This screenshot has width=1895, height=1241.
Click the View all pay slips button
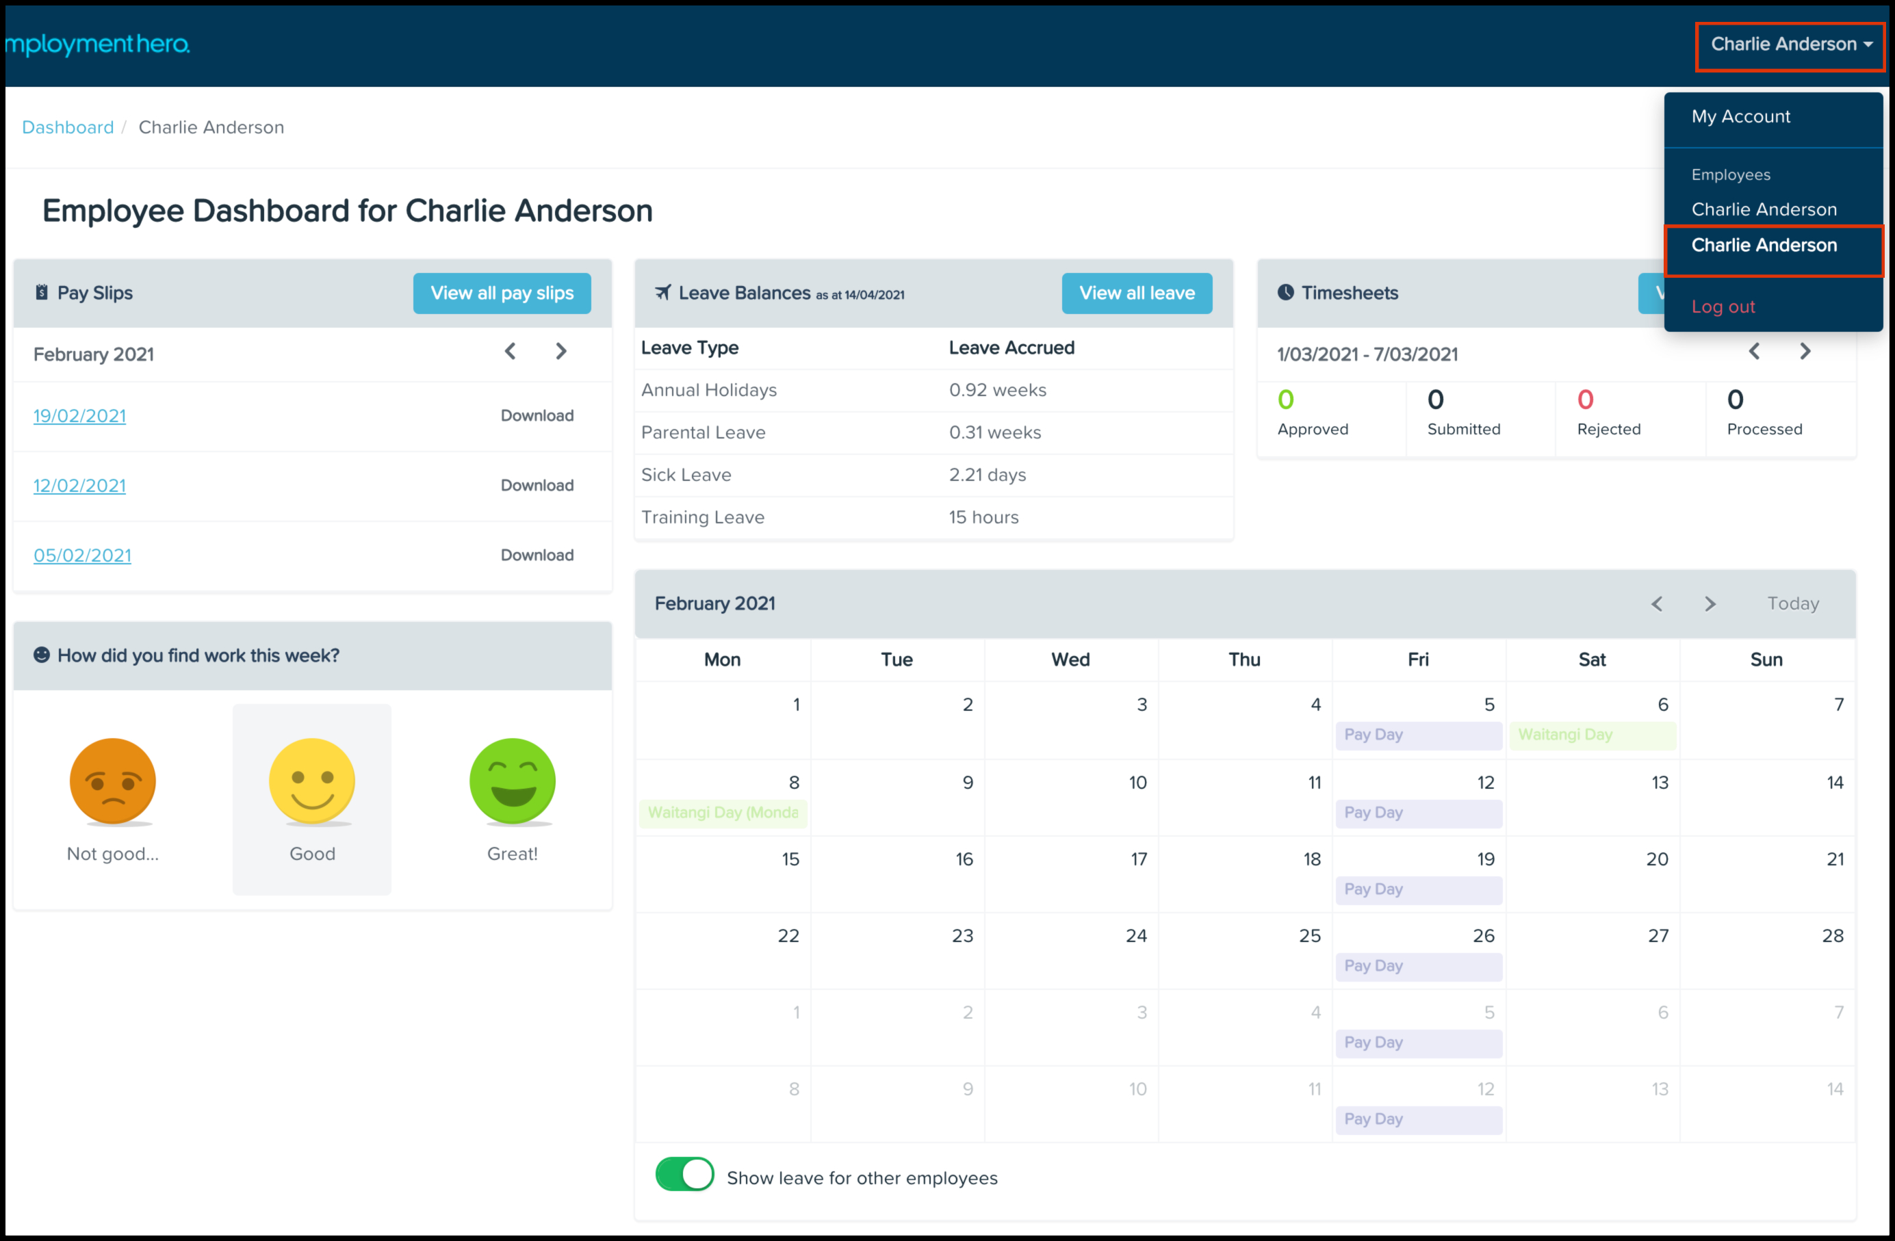tap(502, 293)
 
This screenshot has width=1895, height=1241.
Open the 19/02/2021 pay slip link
tap(79, 415)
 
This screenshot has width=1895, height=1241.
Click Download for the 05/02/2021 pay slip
tap(537, 555)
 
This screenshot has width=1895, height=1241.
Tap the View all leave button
tap(1136, 293)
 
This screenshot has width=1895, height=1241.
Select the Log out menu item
tap(1723, 306)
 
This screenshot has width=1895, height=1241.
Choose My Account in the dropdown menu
tap(1740, 116)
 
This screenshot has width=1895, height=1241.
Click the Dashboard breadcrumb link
tap(68, 127)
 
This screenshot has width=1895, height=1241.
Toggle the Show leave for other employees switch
tap(684, 1174)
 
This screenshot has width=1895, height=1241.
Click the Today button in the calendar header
tap(1793, 603)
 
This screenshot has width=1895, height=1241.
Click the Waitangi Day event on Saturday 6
tap(1593, 735)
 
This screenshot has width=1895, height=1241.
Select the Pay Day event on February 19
tap(1419, 889)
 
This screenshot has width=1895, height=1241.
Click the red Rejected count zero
tap(1585, 400)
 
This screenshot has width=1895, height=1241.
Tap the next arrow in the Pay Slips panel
tap(561, 351)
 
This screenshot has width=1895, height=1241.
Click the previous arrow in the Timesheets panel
tap(1754, 351)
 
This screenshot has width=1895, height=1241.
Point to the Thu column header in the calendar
tap(1243, 659)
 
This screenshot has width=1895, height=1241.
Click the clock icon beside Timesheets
tap(1285, 292)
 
